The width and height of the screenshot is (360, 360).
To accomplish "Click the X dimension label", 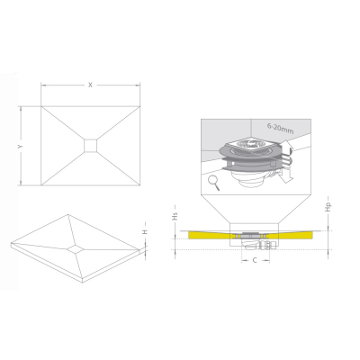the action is tap(90, 85).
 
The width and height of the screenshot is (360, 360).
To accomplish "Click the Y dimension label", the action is tap(21, 146).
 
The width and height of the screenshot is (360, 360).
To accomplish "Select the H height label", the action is tap(145, 232).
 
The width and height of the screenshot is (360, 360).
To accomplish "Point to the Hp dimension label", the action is tap(328, 207).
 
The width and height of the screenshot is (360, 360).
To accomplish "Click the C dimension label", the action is tap(255, 260).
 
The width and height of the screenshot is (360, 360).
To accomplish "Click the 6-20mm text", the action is tap(281, 129).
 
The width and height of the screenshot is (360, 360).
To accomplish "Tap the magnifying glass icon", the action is tap(214, 183).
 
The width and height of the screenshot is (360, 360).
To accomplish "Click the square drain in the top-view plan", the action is tap(90, 146).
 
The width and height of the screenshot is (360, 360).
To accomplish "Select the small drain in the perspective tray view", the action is tap(76, 248).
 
